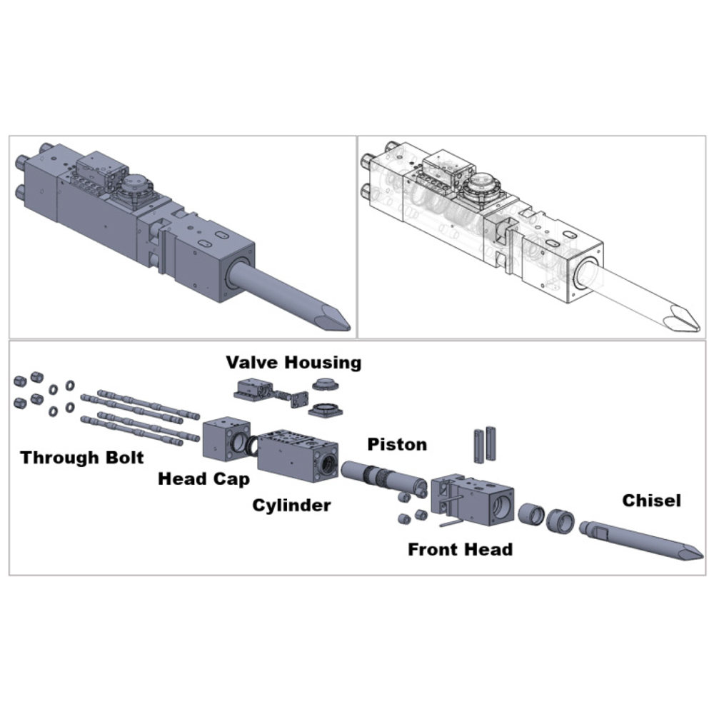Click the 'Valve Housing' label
pyautogui.click(x=293, y=362)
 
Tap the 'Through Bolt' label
pyautogui.click(x=82, y=458)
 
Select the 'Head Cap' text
pyautogui.click(x=203, y=478)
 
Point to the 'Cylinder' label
pyautogui.click(x=291, y=506)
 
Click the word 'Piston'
pyautogui.click(x=397, y=445)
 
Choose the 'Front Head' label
pyautogui.click(x=460, y=549)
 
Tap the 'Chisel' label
pyautogui.click(x=651, y=501)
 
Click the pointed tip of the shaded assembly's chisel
pyautogui.click(x=348, y=328)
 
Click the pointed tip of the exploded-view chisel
pyautogui.click(x=700, y=556)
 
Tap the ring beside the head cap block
pyautogui.click(x=252, y=446)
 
